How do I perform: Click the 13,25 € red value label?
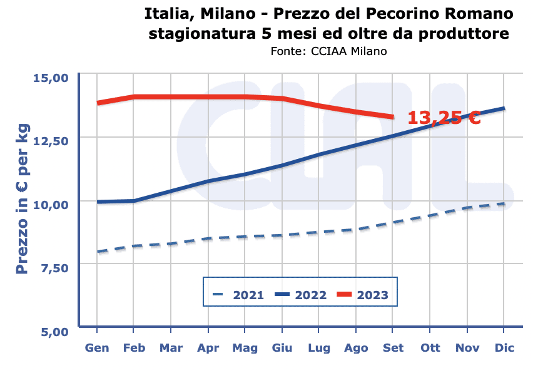point(444,117)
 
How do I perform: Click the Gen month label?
point(97,347)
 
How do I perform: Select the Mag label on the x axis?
point(245,347)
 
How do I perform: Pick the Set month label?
point(393,347)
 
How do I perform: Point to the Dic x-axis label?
point(504,347)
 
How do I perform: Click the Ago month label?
point(356,347)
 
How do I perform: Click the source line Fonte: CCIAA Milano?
point(328,51)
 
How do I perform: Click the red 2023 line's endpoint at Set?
point(393,117)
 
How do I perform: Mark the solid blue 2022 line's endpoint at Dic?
point(504,108)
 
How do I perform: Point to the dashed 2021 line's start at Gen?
point(98,252)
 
